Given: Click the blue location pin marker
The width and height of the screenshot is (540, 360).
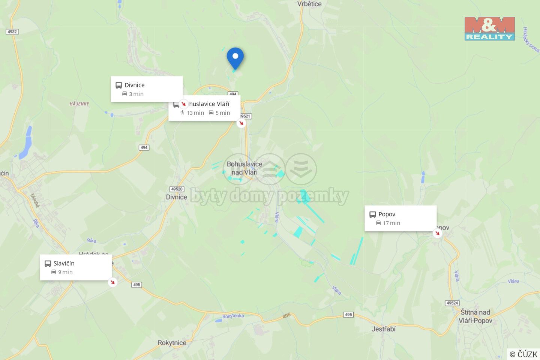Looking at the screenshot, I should point(235,57).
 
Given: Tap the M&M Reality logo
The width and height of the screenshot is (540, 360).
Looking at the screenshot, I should point(489,28).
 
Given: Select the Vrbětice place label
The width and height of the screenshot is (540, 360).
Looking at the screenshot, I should point(309,4).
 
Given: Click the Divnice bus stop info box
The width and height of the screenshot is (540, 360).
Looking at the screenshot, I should point(147,89).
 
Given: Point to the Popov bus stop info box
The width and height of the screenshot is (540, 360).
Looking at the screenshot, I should point(400,218).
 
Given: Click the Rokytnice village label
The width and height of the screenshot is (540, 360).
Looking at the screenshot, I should point(172,343).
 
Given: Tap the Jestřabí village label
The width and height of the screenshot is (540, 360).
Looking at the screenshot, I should point(383,329).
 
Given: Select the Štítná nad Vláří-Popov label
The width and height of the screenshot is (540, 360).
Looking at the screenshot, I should point(475,316).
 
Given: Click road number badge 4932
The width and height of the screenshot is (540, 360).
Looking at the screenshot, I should point(12,32).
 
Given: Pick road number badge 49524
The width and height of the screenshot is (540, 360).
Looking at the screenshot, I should point(452,303).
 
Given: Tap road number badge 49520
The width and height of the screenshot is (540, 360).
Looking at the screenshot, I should point(177,189).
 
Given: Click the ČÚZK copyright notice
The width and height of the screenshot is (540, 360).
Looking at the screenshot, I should point(523,354).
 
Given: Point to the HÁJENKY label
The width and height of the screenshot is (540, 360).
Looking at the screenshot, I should point(79,104).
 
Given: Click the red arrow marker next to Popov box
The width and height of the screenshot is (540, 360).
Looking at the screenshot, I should point(437,233).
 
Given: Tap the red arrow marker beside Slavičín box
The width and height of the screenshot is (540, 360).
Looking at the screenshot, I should point(112,282).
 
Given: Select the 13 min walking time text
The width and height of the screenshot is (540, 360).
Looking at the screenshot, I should point(195,113).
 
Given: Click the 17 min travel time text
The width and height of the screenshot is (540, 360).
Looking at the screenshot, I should point(391,223).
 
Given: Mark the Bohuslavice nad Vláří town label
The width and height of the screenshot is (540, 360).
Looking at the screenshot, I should point(244,168).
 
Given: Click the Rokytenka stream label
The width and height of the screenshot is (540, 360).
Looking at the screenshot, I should point(233,316).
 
